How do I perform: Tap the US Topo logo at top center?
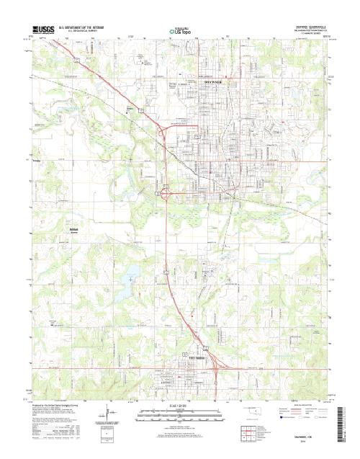coord(179,31)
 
